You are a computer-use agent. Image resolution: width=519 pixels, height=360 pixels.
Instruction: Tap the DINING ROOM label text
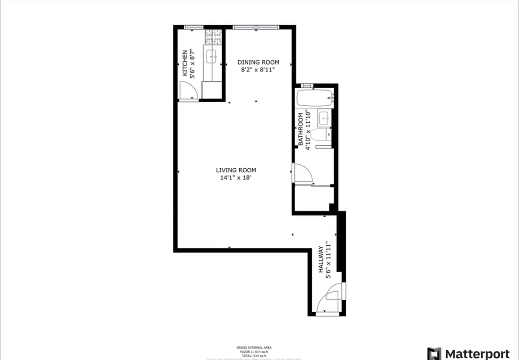(258, 62)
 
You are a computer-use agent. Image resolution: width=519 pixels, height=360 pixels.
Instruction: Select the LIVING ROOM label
(236, 170)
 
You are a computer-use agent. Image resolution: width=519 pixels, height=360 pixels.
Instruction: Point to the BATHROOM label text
(300, 130)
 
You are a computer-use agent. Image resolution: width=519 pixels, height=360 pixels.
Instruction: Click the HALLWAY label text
(321, 260)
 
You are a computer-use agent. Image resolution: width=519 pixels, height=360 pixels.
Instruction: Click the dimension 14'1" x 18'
(236, 177)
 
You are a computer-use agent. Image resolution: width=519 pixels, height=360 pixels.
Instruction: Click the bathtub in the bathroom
(314, 98)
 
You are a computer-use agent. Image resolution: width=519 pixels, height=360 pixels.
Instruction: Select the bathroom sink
(324, 118)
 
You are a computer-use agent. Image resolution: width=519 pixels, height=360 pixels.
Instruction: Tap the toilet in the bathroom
(320, 134)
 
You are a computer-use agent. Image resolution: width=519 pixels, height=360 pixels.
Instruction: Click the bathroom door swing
(301, 174)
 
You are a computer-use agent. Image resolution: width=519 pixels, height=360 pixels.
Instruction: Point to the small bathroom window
(307, 85)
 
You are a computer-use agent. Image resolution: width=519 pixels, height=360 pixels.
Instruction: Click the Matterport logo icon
(434, 353)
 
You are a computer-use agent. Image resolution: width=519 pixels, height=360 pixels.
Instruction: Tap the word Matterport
(478, 353)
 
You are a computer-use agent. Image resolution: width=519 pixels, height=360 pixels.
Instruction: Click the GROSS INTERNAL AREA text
(254, 347)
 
